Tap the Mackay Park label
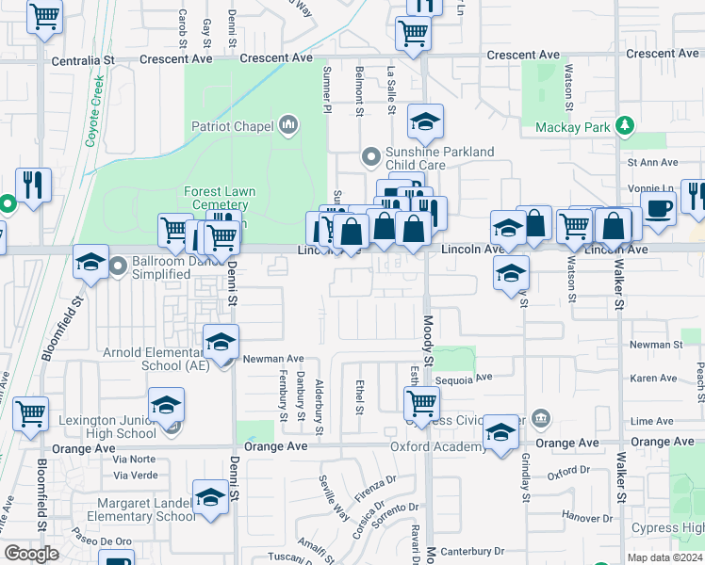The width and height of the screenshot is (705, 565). [x=573, y=127]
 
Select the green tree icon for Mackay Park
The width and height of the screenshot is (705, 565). [x=624, y=125]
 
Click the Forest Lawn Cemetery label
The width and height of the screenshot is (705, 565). [x=220, y=198]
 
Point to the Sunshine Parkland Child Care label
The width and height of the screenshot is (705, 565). [x=439, y=158]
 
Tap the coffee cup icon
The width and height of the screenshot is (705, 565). [x=658, y=209]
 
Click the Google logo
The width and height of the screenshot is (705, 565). [x=31, y=554]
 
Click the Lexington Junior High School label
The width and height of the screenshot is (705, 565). [x=107, y=427]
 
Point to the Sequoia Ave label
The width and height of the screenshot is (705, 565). [x=464, y=379]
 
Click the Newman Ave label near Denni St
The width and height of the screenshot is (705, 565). [x=272, y=359]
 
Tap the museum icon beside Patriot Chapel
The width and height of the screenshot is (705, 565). [x=288, y=125]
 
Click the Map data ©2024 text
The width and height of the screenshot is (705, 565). [x=664, y=557]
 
